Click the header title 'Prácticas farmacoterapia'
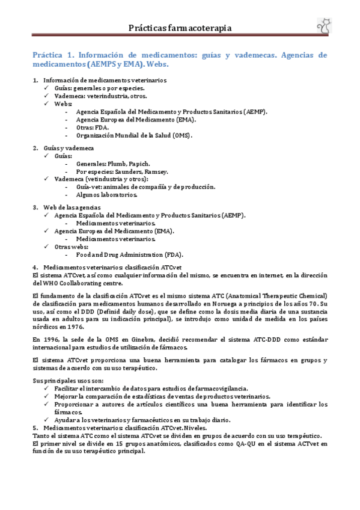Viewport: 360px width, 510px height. [x=180, y=28]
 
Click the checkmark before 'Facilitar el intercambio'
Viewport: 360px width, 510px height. [x=48, y=389]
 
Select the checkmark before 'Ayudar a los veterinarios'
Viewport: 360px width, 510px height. [x=48, y=420]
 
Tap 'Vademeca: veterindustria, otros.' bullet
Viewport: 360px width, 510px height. [x=100, y=96]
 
